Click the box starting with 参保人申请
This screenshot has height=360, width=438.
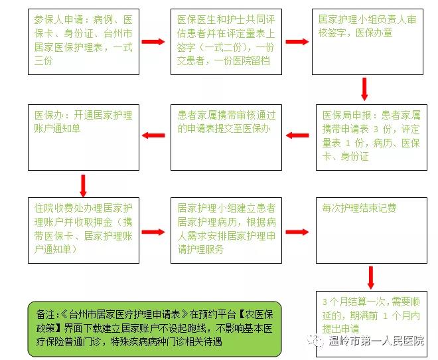pyautogui.click(x=84, y=42)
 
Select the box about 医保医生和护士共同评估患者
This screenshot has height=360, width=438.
pyautogui.click(x=226, y=42)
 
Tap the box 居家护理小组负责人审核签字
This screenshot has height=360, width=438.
pyautogui.click(x=368, y=42)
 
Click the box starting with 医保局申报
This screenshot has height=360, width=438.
pyautogui.click(x=372, y=137)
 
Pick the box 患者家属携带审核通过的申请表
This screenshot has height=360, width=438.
pyautogui.click(x=226, y=137)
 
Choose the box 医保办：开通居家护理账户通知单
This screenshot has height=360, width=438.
pyautogui.click(x=84, y=137)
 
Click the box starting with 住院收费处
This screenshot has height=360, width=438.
pyautogui.click(x=84, y=230)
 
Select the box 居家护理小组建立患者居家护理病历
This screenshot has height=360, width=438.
pyautogui.click(x=226, y=230)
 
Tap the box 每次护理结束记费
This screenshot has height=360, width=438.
pyautogui.click(x=372, y=230)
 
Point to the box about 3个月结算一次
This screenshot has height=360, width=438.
pyautogui.click(x=372, y=324)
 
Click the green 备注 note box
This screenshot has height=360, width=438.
pyautogui.click(x=155, y=329)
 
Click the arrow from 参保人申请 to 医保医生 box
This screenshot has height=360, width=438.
pyautogui.click(x=153, y=42)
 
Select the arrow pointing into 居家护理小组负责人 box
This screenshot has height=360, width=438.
pyautogui.click(x=297, y=42)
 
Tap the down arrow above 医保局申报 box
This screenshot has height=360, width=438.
pyautogui.click(x=364, y=89)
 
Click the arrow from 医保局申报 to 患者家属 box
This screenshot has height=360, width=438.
pyautogui.click(x=297, y=135)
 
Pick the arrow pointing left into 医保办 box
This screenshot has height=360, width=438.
pyautogui.click(x=153, y=135)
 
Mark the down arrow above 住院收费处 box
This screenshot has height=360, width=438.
pyautogui.click(x=83, y=186)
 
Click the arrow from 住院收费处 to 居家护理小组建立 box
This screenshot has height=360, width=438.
pyautogui.click(x=153, y=232)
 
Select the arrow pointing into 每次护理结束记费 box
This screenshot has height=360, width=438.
pyautogui.click(x=297, y=232)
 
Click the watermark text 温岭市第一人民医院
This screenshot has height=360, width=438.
pyautogui.click(x=376, y=341)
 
